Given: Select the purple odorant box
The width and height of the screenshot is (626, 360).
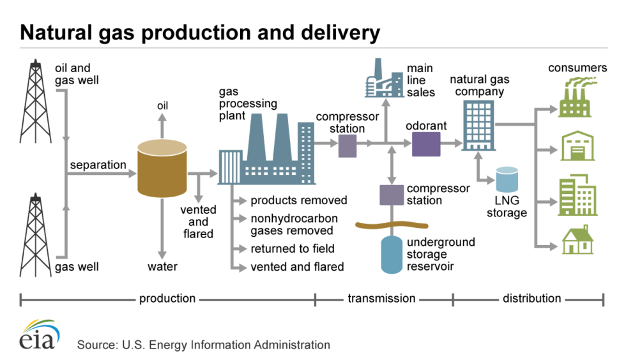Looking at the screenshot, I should click(x=426, y=145).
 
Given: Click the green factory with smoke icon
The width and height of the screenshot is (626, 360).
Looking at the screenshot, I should click(x=577, y=98).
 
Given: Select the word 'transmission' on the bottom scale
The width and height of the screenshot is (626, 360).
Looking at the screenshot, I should click(x=381, y=298).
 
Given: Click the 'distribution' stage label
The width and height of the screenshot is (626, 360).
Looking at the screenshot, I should click(x=531, y=298).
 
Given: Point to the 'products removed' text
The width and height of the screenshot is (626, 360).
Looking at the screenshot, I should click(x=298, y=200).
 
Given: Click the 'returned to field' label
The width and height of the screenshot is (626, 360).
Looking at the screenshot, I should click(x=292, y=248).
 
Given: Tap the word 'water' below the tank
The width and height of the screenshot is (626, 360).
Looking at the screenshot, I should click(x=162, y=266).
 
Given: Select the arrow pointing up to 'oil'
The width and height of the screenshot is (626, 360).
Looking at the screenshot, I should click(x=162, y=128).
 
